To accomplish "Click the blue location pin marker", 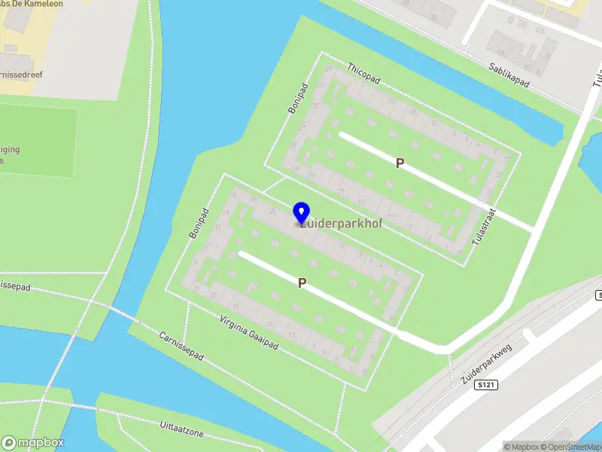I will coord(301,212).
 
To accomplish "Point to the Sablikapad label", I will coord(507,76).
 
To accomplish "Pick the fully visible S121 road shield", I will coord(487,385).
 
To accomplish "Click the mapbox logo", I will coord(33,443).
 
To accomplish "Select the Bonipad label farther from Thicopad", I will coord(199,224).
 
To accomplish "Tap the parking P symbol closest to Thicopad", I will coord(400,163).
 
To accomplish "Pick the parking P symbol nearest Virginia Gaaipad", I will coord(302,282).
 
